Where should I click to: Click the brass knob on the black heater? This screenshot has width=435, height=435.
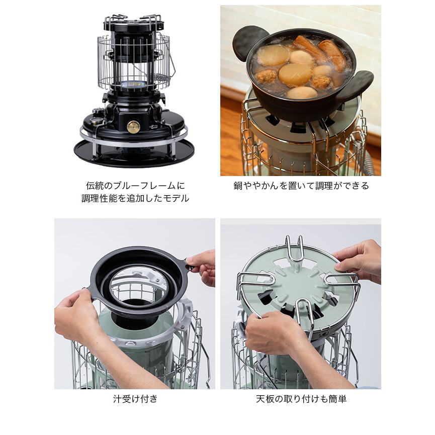[x=133, y=127]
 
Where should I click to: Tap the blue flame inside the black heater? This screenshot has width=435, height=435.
[x=134, y=83]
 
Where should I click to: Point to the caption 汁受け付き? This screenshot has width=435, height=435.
[x=135, y=399]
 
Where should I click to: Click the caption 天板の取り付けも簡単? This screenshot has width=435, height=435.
[x=301, y=399]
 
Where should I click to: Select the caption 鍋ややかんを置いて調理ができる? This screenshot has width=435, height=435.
[x=301, y=186]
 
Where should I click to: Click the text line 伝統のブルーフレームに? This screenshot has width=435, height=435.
[x=135, y=186]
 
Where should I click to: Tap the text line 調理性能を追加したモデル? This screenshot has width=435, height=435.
[x=135, y=198]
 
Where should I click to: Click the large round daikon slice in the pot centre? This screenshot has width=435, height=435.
[x=295, y=74]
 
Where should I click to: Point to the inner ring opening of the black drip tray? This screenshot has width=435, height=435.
[x=138, y=286]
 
